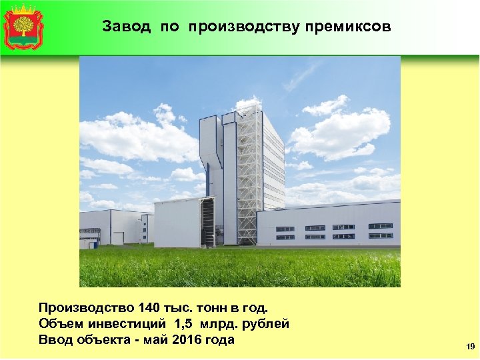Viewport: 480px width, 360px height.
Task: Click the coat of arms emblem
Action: [23, 27]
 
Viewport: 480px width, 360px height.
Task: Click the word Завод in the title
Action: [121, 27]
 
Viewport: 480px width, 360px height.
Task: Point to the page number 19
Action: [471, 347]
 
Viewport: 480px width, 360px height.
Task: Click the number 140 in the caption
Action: [149, 308]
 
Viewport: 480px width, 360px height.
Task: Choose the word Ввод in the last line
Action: [55, 340]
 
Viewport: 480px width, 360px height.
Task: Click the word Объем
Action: [58, 324]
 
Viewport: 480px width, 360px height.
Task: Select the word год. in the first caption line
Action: [255, 308]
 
